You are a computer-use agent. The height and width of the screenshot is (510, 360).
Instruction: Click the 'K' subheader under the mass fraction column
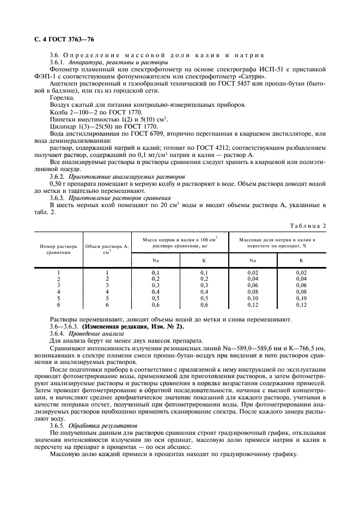click(x=301, y=260)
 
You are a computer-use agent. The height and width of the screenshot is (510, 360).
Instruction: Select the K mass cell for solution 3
click(x=204, y=285)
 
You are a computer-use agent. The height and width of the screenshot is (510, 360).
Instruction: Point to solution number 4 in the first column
click(x=58, y=292)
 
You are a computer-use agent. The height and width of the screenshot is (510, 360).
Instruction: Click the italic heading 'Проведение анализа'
click(x=92, y=333)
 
